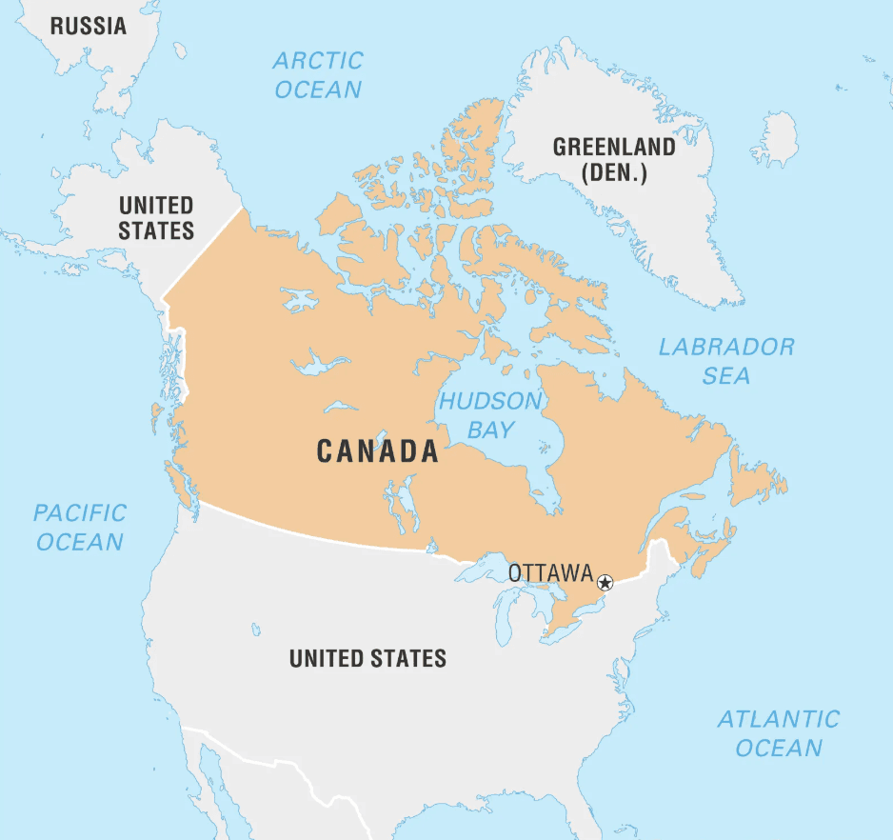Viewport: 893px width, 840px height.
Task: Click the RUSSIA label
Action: click(89, 26)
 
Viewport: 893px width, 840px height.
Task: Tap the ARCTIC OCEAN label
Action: click(318, 75)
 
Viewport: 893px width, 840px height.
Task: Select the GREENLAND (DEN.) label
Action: click(614, 160)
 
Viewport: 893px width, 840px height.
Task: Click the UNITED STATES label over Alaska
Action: click(156, 217)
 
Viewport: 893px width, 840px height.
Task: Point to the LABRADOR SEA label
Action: click(726, 361)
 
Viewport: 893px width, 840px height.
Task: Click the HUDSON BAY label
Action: click(490, 414)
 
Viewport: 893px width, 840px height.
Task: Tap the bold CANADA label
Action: click(378, 451)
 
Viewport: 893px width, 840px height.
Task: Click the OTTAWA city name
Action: click(550, 573)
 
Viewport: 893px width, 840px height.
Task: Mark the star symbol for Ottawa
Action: click(605, 582)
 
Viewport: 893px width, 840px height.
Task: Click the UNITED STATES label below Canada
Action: click(367, 658)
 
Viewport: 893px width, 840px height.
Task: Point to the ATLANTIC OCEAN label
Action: click(778, 732)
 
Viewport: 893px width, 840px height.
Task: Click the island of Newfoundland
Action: click(756, 475)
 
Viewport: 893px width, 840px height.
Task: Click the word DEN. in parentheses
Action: click(614, 174)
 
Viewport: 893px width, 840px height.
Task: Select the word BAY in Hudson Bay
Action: click(490, 430)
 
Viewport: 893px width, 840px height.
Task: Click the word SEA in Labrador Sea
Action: click(726, 376)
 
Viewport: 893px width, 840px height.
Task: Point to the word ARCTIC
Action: click(318, 61)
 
